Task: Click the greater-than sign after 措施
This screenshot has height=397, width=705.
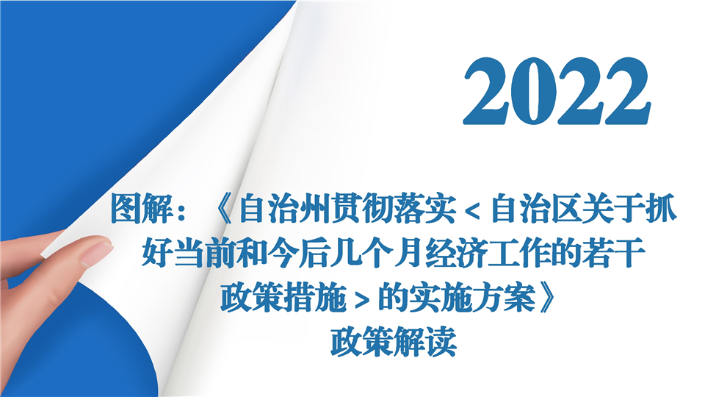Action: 362,300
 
